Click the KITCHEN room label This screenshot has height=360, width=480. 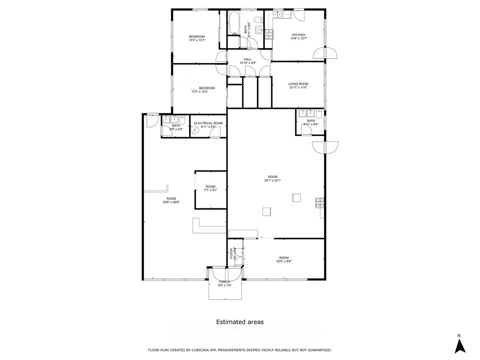click(298, 35)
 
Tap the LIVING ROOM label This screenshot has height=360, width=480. click(298, 84)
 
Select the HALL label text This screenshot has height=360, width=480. click(248, 59)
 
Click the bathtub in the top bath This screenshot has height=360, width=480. click(234, 22)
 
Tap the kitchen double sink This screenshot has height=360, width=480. click(278, 15)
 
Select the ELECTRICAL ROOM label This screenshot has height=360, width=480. click(208, 123)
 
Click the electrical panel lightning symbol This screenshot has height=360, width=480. click(195, 130)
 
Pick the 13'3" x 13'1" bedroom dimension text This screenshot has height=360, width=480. click(197, 40)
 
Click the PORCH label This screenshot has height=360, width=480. click(225, 282)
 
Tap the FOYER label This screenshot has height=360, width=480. click(231, 254)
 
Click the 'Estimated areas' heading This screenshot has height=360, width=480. click(240, 322)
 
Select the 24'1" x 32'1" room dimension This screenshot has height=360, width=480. click(273, 180)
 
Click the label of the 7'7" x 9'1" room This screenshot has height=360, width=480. click(210, 187)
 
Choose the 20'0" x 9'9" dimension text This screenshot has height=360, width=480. click(284, 262)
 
